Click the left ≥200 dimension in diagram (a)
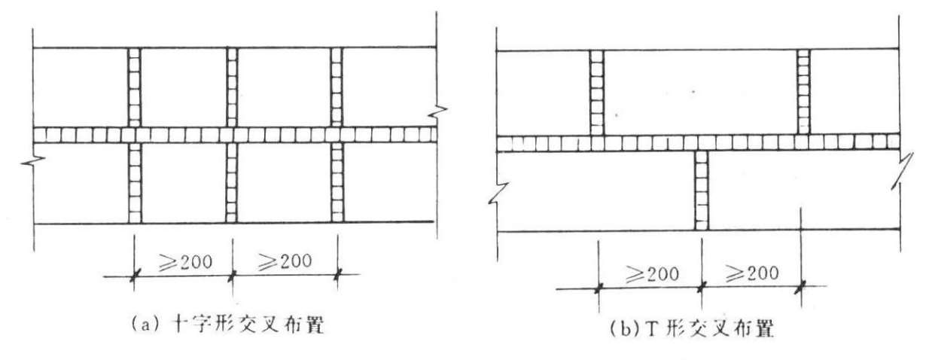point(183,262)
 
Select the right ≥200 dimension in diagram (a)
point(285,262)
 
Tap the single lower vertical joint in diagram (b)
point(701,191)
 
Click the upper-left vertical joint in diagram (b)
point(596,92)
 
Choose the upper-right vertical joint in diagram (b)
point(803,92)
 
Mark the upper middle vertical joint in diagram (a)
point(232,87)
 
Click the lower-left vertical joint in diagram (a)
point(135,182)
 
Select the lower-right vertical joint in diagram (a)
point(337,182)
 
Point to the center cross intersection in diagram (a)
point(232,135)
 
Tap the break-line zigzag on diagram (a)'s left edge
point(33,161)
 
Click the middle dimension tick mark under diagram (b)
point(702,285)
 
